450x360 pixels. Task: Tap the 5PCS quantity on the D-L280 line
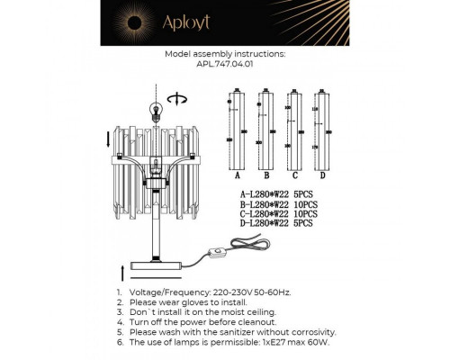click(x=302, y=224)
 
